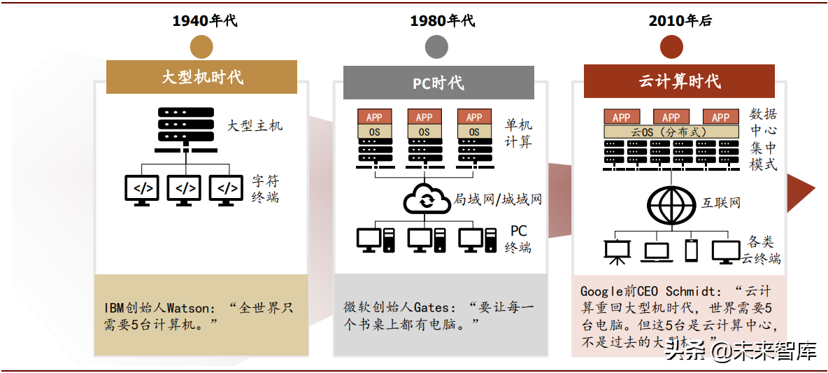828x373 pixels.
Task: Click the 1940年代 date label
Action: point(205,20)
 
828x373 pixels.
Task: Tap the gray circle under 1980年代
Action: point(436,46)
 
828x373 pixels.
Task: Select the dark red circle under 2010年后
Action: point(671,46)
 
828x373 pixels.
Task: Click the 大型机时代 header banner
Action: point(202,76)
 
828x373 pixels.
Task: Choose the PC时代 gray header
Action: point(438,83)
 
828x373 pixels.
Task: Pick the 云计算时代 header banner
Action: point(679,80)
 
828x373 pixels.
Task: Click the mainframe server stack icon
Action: point(185,129)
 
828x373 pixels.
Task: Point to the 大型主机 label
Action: point(255,126)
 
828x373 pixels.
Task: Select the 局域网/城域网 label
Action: point(497,199)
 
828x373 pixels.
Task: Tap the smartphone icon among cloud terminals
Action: point(691,251)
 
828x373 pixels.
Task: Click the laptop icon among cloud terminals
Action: point(657,252)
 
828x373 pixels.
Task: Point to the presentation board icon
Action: point(615,252)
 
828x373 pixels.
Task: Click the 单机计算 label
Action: point(518,133)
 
